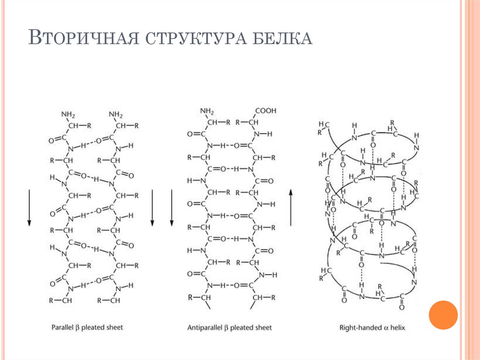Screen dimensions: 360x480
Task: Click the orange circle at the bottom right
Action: click(x=443, y=315)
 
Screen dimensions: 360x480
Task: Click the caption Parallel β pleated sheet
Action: click(x=87, y=327)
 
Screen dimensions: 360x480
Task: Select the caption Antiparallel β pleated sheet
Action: click(x=229, y=327)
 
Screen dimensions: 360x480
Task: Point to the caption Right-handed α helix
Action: click(x=372, y=327)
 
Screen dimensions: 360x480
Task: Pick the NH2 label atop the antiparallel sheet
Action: click(x=207, y=111)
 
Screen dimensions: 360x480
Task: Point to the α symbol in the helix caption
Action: click(x=385, y=327)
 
